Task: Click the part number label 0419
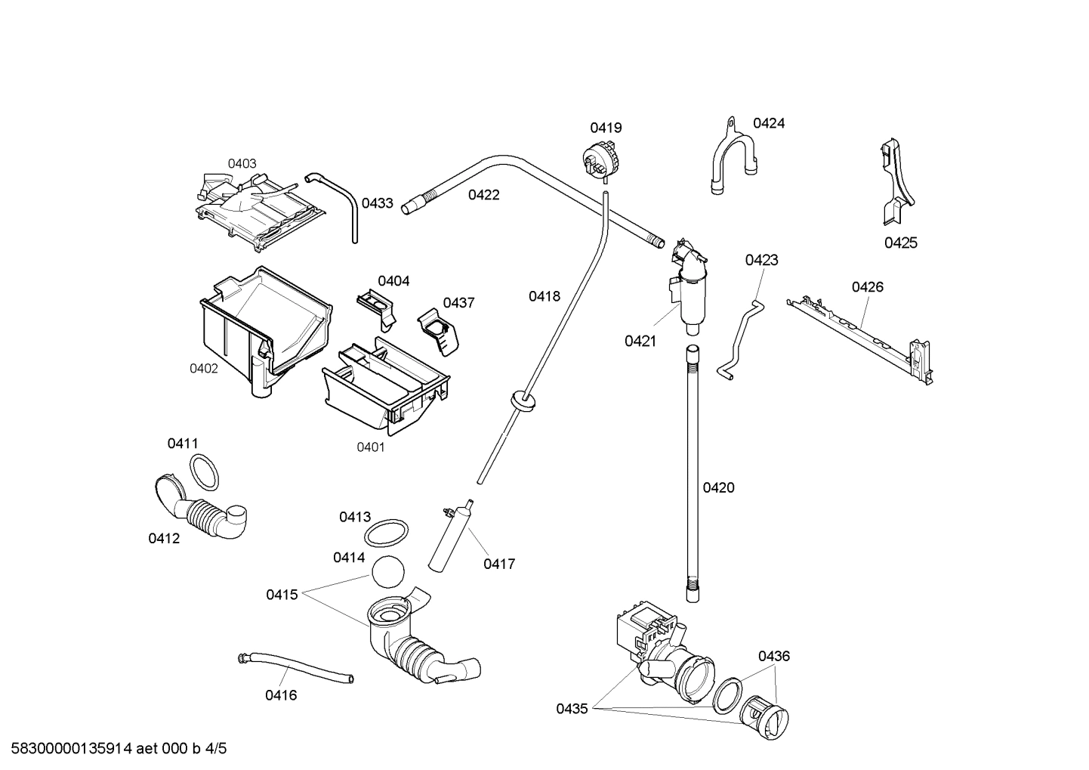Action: (x=606, y=128)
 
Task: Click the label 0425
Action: (x=900, y=243)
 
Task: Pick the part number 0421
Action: (x=640, y=341)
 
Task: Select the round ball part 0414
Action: (x=388, y=572)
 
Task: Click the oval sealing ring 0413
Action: (x=387, y=533)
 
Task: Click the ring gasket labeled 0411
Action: (x=204, y=472)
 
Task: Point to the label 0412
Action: (x=164, y=539)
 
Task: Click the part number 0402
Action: (x=203, y=369)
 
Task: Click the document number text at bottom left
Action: (x=114, y=749)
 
